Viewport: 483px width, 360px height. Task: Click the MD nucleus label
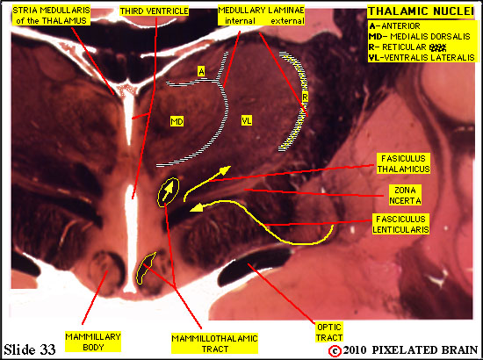tap(177, 122)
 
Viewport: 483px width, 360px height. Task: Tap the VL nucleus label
tap(247, 120)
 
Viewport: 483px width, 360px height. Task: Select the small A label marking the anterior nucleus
tap(201, 72)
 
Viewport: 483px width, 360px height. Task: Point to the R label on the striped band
tap(305, 97)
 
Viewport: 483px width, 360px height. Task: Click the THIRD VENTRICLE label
tap(154, 11)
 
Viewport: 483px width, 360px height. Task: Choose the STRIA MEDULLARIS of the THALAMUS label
tap(51, 16)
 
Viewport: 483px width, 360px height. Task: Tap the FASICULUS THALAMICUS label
tap(404, 164)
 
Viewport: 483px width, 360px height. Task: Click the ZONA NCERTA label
tap(405, 195)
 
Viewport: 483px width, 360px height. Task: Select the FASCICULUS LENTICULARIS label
tap(400, 224)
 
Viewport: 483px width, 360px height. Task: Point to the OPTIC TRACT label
tap(329, 332)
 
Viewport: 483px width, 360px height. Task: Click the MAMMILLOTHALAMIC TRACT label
tap(214, 343)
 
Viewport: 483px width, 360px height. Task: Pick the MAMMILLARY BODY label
tap(93, 342)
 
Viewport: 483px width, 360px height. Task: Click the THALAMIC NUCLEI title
tap(421, 11)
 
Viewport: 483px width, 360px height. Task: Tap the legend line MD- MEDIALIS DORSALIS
tap(419, 37)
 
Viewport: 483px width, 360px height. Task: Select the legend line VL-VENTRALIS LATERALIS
tap(422, 58)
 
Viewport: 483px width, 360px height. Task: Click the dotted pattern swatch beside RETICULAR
tap(438, 47)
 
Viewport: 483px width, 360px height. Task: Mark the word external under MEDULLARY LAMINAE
tap(287, 21)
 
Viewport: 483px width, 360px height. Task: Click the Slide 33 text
tap(30, 349)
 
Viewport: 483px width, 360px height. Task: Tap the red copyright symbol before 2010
tap(335, 350)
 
